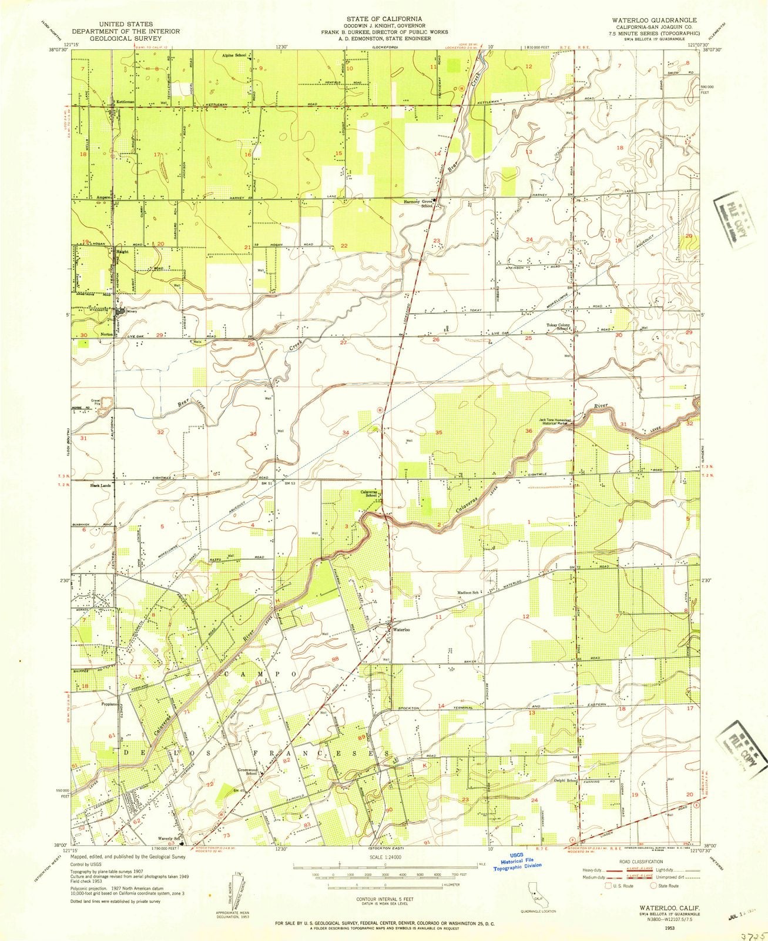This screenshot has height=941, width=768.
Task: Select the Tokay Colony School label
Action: click(x=559, y=327)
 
